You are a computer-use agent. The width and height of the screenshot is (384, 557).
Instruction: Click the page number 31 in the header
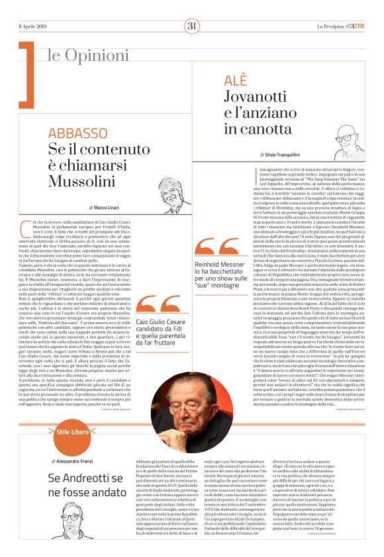(192, 26)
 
